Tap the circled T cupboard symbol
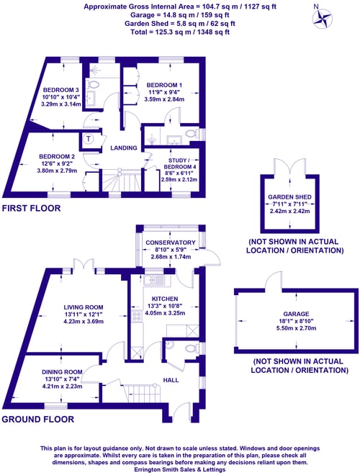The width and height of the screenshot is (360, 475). (88, 139)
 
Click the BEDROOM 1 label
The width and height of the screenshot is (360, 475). (164, 85)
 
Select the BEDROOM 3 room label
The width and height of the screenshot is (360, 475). (60, 90)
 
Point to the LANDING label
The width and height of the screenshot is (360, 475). (124, 148)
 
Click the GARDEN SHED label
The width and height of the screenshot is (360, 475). (289, 197)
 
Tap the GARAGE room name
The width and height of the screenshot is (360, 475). (296, 314)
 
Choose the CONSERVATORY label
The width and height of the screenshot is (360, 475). (171, 243)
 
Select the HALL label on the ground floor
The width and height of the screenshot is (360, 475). (171, 380)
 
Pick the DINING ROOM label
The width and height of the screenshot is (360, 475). (62, 372)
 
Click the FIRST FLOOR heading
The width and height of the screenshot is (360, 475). (31, 208)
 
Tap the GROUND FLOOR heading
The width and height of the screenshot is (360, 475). (38, 420)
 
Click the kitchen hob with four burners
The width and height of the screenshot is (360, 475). (137, 316)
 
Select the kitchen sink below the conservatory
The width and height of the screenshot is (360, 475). (154, 280)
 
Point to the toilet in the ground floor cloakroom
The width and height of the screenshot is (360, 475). (192, 347)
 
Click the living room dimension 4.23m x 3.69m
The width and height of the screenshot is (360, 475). (84, 322)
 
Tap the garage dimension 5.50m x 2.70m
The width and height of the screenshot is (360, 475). (296, 328)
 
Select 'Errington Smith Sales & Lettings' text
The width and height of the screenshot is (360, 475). (180, 469)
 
